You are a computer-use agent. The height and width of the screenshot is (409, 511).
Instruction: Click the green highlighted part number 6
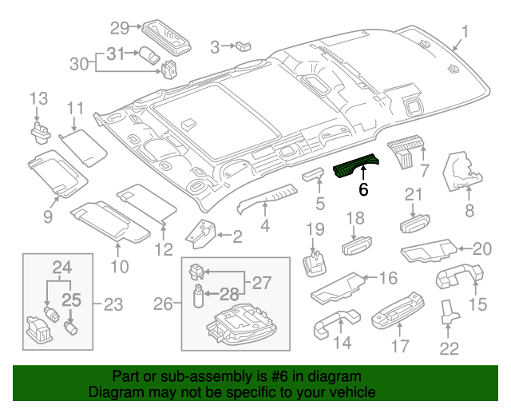click(x=358, y=166)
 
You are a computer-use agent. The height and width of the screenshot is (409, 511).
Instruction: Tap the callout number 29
click(x=119, y=29)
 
